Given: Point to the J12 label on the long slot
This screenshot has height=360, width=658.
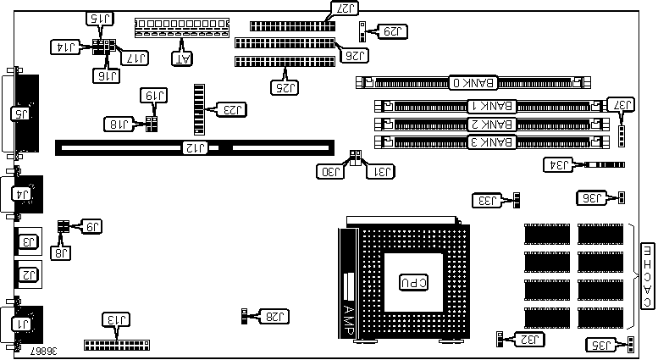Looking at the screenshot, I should tap(196, 148).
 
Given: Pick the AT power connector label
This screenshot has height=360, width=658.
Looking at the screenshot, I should tap(183, 58).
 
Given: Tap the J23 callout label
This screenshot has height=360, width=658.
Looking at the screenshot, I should tap(230, 108).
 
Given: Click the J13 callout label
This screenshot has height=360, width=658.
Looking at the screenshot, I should tap(115, 319).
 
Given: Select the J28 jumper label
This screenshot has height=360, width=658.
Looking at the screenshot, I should tap(276, 316).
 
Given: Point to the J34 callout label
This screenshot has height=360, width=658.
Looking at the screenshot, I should tap(560, 164).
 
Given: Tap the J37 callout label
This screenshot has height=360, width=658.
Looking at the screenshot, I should tap(623, 104).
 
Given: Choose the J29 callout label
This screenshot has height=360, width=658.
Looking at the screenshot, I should tap(392, 31).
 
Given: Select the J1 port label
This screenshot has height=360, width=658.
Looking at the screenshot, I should tap(18, 323).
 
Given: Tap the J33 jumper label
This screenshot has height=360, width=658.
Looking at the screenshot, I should tap(489, 200).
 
